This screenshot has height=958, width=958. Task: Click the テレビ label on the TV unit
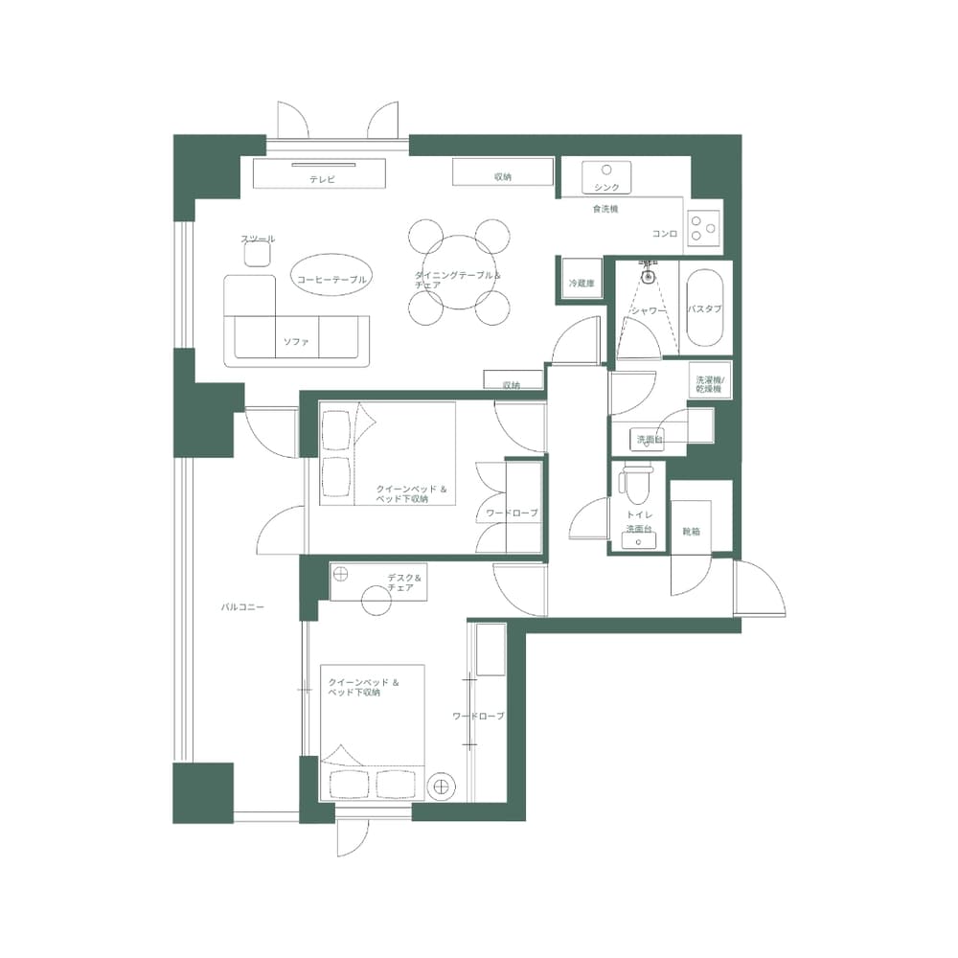click(321, 179)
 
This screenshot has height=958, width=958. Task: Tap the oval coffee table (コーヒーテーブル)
click(331, 278)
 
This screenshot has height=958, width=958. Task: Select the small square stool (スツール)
click(257, 254)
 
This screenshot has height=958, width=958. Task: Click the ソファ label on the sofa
click(295, 341)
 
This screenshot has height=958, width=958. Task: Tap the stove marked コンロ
click(704, 227)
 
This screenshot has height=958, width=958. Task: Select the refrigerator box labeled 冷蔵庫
click(580, 283)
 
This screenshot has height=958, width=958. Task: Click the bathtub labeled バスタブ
click(704, 308)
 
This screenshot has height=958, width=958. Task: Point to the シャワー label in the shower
click(648, 310)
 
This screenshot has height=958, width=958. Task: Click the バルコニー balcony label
click(242, 607)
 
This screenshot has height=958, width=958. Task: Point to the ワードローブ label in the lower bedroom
click(478, 716)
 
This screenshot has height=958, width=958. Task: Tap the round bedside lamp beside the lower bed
click(441, 786)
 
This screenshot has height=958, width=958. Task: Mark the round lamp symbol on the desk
click(341, 573)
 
